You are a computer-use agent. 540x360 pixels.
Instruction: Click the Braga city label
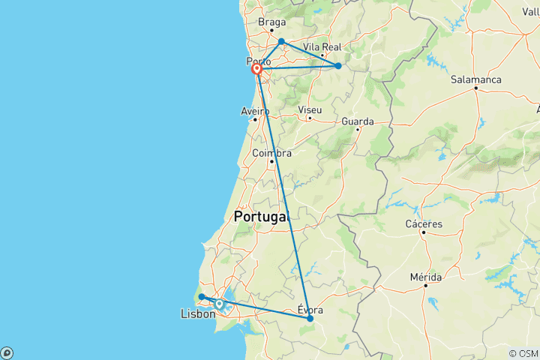point(271,22)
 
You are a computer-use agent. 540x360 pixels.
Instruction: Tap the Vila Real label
point(321,46)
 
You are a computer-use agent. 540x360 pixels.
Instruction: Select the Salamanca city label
point(475,79)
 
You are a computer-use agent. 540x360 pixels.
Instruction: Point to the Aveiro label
point(255,111)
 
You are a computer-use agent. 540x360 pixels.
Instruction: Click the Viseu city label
point(310,109)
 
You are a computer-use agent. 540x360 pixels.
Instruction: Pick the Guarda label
point(357,121)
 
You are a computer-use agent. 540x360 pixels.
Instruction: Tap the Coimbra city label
point(271,153)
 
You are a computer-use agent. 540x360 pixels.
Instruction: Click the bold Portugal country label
point(261,216)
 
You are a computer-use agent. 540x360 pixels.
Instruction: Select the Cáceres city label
point(424,223)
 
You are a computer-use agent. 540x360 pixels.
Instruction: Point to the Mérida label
point(425,277)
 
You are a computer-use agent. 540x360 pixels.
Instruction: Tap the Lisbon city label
point(198,314)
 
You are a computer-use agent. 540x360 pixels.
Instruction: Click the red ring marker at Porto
point(256,70)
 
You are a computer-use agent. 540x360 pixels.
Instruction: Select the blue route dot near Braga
point(281,41)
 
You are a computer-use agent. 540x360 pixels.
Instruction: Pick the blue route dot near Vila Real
point(338,66)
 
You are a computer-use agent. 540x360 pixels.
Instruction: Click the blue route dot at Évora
point(310,319)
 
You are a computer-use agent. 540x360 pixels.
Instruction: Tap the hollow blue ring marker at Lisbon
point(219,304)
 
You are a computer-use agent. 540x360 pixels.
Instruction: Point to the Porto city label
point(258,61)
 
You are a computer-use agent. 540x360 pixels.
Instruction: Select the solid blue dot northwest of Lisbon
point(202,297)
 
